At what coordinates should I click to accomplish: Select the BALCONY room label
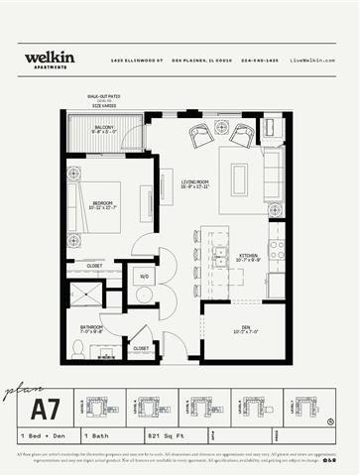(x=103, y=129)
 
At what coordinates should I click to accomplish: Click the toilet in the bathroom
(x=78, y=347)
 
